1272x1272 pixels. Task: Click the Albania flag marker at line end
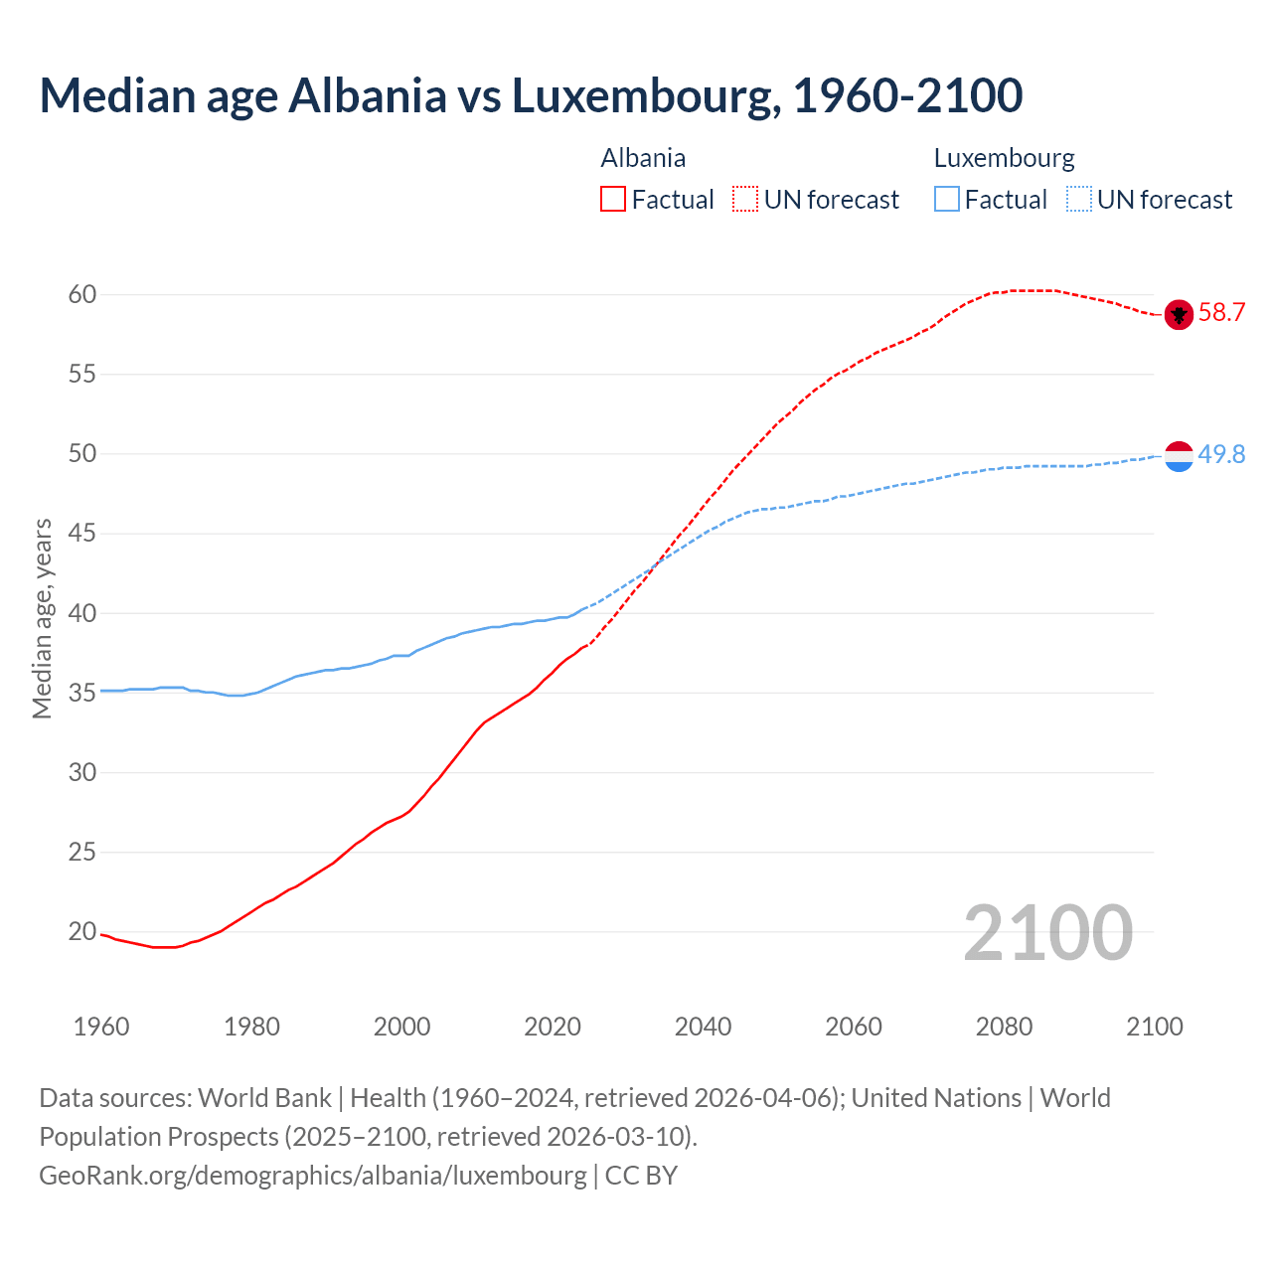pyautogui.click(x=1179, y=314)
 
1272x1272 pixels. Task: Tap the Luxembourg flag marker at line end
pyautogui.click(x=1179, y=456)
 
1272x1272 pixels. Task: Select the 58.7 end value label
pyautogui.click(x=1221, y=313)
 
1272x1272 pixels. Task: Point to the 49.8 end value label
pyautogui.click(x=1221, y=455)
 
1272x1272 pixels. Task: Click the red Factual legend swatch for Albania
pyautogui.click(x=613, y=200)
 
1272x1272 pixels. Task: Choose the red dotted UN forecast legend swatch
pyautogui.click(x=745, y=200)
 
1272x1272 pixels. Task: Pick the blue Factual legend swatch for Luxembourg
pyautogui.click(x=947, y=200)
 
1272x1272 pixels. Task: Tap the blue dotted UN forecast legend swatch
pyautogui.click(x=1079, y=200)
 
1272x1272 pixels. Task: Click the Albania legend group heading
pyautogui.click(x=643, y=158)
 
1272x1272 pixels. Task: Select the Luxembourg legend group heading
pyautogui.click(x=1004, y=158)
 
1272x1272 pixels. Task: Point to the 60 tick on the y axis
pyautogui.click(x=81, y=295)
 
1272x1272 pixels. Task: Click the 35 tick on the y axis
pyautogui.click(x=81, y=693)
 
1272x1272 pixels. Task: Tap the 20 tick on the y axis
pyautogui.click(x=81, y=932)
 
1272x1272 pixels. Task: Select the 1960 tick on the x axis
pyautogui.click(x=101, y=1027)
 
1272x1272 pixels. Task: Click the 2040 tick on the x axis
pyautogui.click(x=703, y=1027)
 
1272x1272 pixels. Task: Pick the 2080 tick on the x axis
pyautogui.click(x=1004, y=1027)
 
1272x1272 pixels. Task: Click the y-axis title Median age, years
pyautogui.click(x=42, y=618)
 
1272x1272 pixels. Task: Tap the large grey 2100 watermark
pyautogui.click(x=1047, y=933)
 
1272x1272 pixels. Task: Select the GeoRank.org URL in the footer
pyautogui.click(x=313, y=1176)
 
